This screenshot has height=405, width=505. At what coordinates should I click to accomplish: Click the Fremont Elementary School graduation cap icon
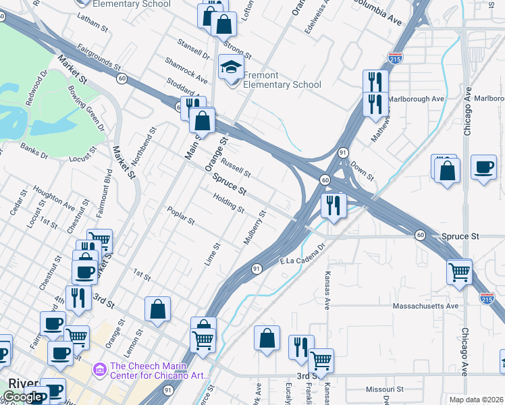231,69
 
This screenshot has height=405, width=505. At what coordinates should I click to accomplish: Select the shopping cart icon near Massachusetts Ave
459,272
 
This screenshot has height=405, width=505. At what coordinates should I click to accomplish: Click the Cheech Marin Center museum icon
100,369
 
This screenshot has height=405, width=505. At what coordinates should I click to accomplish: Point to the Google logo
22,397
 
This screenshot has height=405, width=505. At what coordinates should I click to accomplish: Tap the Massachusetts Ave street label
425,306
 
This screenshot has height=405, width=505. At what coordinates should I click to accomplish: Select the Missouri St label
383,389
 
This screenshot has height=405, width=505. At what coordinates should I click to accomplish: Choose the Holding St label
228,203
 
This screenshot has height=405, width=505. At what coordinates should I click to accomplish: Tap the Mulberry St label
255,227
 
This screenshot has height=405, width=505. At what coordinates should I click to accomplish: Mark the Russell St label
236,163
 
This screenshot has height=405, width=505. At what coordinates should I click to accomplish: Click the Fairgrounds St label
99,58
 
